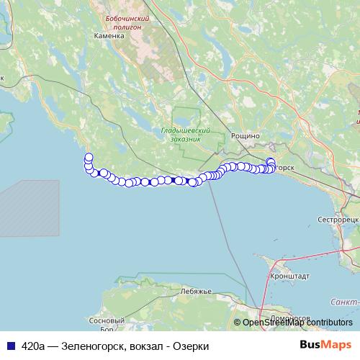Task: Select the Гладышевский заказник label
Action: pyautogui.click(x=185, y=135)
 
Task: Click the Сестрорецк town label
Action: pyautogui.click(x=338, y=217)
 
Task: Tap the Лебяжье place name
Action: pyautogui.click(x=197, y=291)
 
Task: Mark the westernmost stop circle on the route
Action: pyautogui.click(x=89, y=158)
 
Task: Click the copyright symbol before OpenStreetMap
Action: pyautogui.click(x=238, y=323)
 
